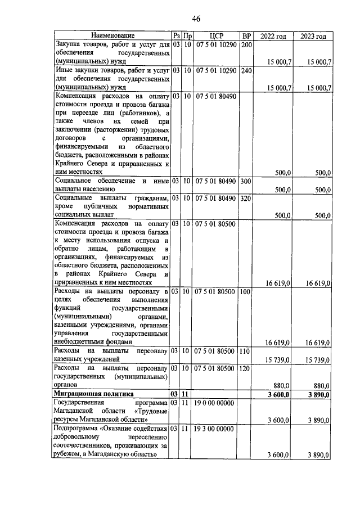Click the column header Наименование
coord(111,36)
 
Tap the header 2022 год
coord(274,36)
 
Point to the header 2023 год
coord(313,36)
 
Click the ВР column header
coord(246,36)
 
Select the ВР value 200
coord(246,44)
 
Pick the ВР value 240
coord(246,70)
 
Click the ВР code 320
coord(246,198)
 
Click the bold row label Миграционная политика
coord(92,394)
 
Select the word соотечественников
coord(87,446)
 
